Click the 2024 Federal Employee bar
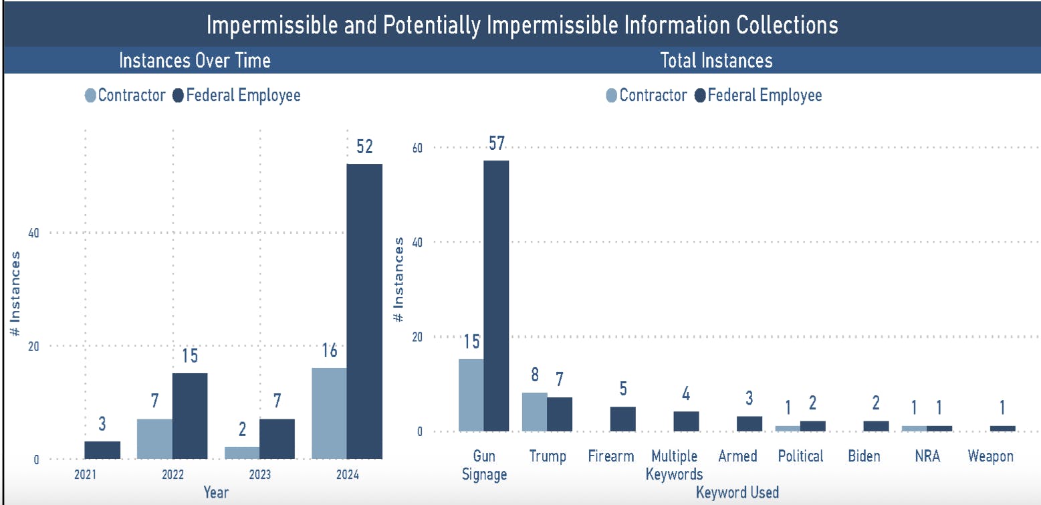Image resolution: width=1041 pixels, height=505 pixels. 364,311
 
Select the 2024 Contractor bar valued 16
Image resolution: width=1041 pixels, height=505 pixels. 329,413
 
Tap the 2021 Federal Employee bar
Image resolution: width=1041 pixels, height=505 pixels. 102,450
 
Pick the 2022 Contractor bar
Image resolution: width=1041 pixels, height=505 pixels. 154,439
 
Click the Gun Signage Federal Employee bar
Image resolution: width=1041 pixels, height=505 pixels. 496,296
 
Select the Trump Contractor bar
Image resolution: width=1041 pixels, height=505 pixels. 534,412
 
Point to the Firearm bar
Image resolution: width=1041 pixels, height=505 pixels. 623,419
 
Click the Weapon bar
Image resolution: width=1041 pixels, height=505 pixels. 1002,428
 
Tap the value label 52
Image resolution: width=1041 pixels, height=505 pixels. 364,147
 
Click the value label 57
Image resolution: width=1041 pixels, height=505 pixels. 496,144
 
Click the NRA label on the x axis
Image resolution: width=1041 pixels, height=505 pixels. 927,457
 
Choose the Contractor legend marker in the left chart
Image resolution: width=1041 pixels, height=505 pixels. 91,95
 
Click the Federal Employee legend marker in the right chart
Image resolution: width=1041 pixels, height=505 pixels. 700,96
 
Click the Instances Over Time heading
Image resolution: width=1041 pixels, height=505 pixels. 195,61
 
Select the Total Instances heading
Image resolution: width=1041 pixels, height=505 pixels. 716,61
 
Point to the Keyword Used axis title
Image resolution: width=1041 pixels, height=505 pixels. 737,493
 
